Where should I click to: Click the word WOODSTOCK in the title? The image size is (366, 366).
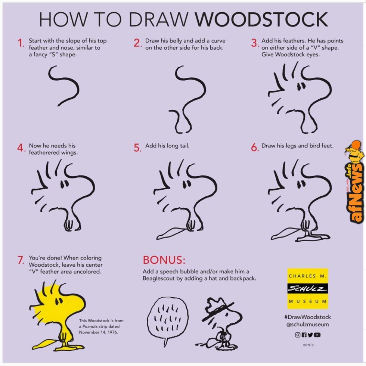click(261, 19)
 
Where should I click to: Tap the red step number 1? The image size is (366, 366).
click(21, 43)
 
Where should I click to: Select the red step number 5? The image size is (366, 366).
click(137, 148)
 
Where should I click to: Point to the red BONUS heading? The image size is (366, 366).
click(164, 260)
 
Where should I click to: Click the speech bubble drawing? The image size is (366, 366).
click(168, 320)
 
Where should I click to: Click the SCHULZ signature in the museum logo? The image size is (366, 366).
click(307, 289)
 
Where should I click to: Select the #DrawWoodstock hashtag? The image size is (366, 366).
click(307, 317)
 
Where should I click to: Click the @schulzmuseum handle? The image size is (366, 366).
click(307, 325)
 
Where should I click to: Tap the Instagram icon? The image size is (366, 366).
click(298, 335)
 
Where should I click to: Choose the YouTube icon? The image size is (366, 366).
click(317, 335)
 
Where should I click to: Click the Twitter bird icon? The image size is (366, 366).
click(310, 335)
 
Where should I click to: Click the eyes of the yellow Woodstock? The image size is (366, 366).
click(58, 301)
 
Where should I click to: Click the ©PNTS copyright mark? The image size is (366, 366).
click(308, 345)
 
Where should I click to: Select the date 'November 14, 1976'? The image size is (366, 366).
click(98, 332)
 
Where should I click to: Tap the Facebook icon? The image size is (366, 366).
click(304, 335)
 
